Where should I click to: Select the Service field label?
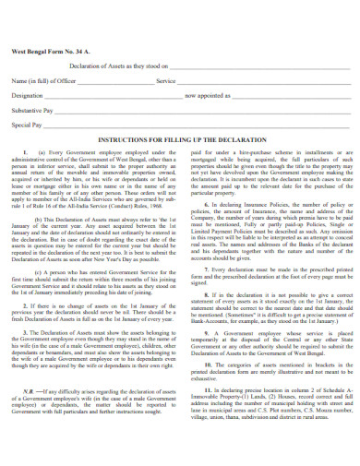(166, 80)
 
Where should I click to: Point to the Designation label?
(28, 94)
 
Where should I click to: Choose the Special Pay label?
(26, 122)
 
